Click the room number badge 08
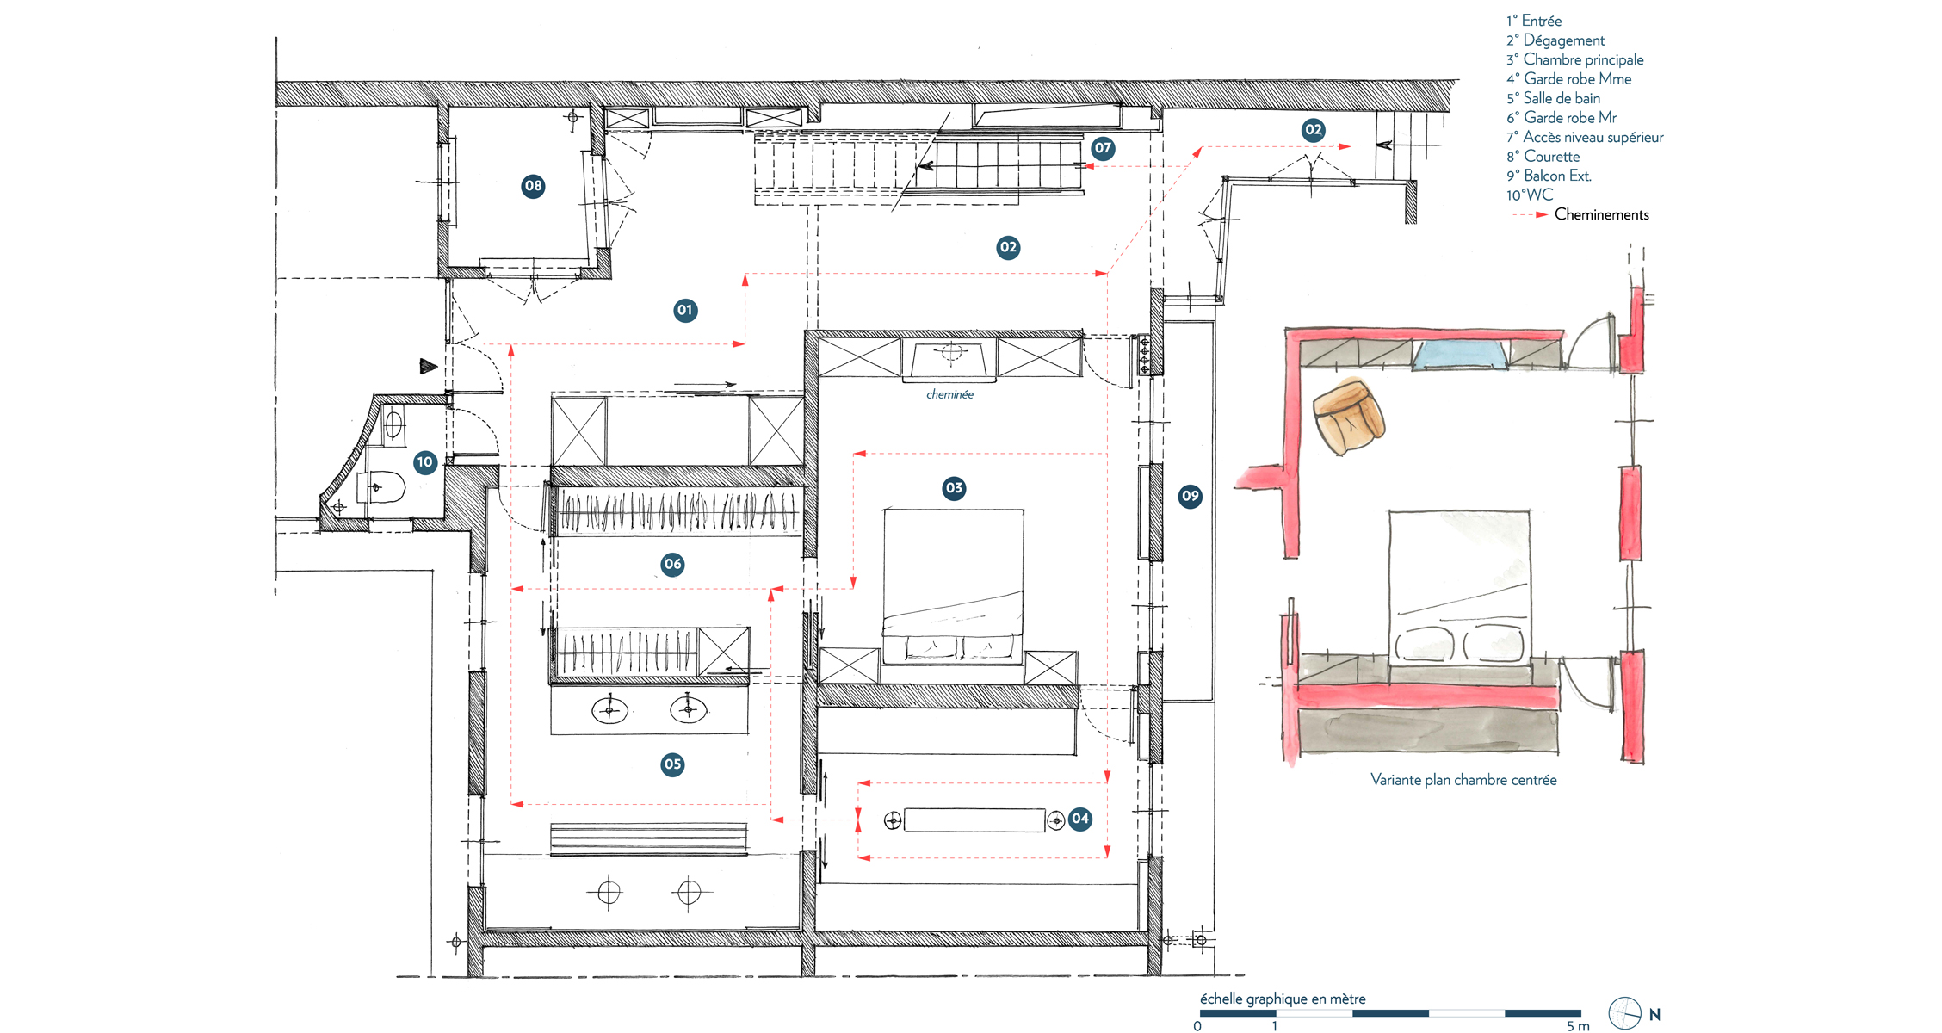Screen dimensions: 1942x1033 [x=534, y=186]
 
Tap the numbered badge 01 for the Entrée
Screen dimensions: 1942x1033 [x=685, y=310]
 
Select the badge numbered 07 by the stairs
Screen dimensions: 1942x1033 [x=1103, y=148]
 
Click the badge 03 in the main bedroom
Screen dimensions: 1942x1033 [x=954, y=489]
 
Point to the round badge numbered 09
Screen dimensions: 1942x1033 [x=1191, y=496]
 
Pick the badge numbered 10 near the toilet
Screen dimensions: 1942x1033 [x=424, y=462]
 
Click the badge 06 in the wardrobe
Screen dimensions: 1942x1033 [x=673, y=565]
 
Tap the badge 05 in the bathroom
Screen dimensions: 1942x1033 [x=673, y=764]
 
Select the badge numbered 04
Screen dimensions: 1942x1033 [x=1080, y=819]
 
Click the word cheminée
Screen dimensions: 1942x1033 [x=950, y=394]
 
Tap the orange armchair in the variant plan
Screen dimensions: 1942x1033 [x=1348, y=417]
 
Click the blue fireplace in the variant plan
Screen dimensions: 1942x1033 [x=1461, y=354]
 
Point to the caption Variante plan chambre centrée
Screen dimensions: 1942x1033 [x=1463, y=780]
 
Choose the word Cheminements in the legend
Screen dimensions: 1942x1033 [x=1602, y=214]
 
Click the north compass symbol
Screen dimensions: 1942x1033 [x=1624, y=1014]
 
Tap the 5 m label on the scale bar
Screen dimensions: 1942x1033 [x=1578, y=1026]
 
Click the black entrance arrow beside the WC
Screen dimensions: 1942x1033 [x=428, y=367]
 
